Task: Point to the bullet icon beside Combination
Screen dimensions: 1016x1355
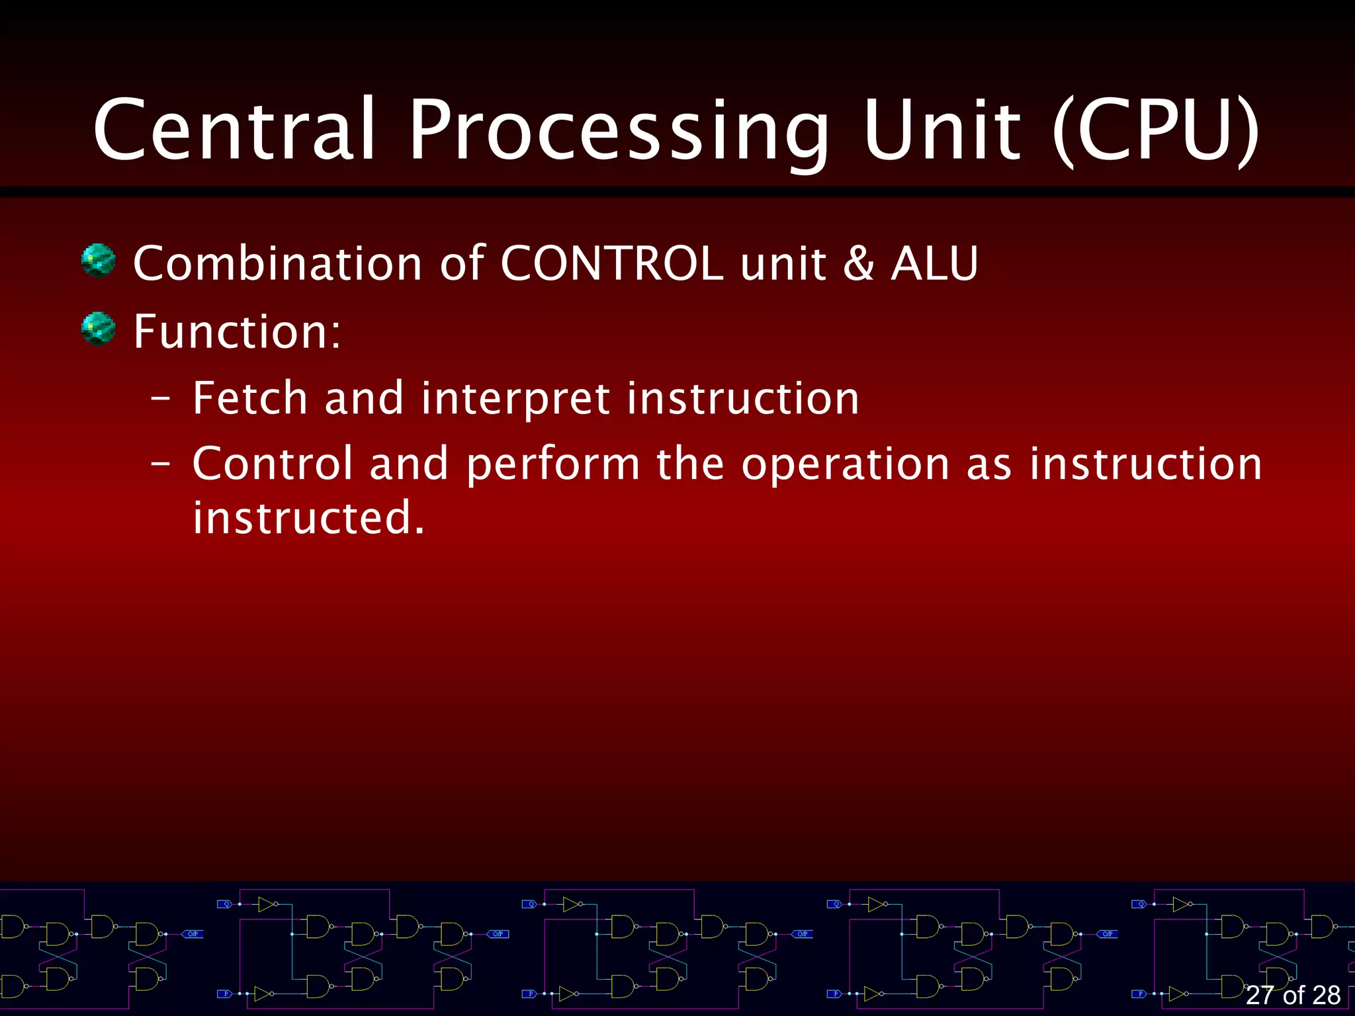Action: click(x=98, y=261)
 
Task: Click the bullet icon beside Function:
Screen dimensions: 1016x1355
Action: click(x=98, y=329)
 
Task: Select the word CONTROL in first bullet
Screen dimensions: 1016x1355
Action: click(x=611, y=263)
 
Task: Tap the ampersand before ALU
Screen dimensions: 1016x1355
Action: click(x=858, y=263)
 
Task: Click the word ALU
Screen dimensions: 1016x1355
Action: click(x=934, y=263)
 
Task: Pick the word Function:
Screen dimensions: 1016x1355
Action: click(x=237, y=331)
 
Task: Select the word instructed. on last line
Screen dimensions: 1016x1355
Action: click(x=308, y=518)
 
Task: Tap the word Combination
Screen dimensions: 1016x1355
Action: click(x=277, y=263)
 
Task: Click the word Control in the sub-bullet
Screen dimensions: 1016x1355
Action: click(x=272, y=464)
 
